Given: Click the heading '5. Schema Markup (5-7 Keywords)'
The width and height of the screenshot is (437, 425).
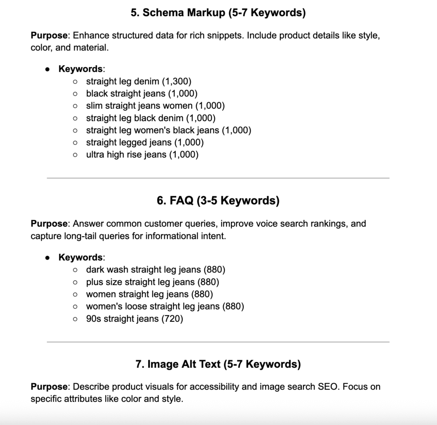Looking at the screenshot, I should (x=218, y=13).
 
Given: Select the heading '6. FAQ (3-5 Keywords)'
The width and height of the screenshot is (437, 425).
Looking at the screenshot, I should (x=218, y=200).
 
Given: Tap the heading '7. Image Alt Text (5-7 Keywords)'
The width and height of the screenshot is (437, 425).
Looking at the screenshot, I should (x=218, y=364).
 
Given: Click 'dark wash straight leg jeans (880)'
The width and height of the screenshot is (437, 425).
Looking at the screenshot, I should (x=155, y=269).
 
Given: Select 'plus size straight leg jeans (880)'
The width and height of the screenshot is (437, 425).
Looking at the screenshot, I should (x=152, y=282).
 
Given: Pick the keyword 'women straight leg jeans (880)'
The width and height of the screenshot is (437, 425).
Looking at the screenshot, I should (x=149, y=294).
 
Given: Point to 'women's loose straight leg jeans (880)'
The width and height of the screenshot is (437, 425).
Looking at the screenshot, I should (x=165, y=306).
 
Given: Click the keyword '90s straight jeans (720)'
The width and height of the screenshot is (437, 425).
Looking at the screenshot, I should (x=134, y=319).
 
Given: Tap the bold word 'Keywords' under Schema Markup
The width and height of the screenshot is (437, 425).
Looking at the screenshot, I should (x=80, y=69).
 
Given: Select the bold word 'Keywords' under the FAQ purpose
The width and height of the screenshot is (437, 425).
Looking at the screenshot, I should (x=80, y=257).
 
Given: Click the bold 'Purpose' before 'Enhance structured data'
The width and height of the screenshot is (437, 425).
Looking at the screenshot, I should (x=49, y=35).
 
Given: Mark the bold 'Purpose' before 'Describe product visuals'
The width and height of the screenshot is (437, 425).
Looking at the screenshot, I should (x=49, y=387).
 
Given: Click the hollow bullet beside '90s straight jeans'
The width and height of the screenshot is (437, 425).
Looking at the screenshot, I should (x=75, y=319).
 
